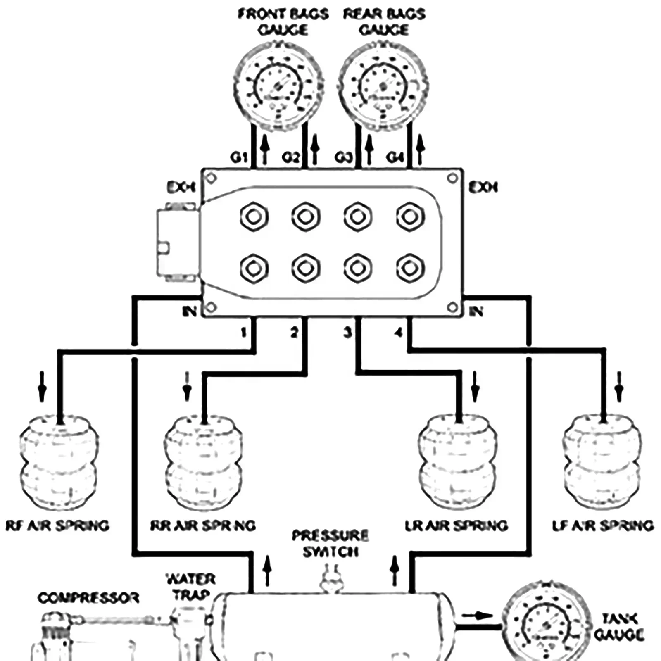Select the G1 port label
click(x=239, y=157)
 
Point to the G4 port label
click(x=395, y=157)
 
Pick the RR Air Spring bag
click(x=203, y=463)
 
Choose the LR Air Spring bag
click(x=457, y=463)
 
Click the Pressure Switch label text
click(x=330, y=544)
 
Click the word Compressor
click(x=88, y=598)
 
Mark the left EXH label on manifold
click(x=181, y=188)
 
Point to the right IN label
click(x=476, y=311)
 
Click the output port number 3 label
click(x=348, y=332)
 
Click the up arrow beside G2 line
click(x=315, y=150)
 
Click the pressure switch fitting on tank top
click(x=330, y=581)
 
